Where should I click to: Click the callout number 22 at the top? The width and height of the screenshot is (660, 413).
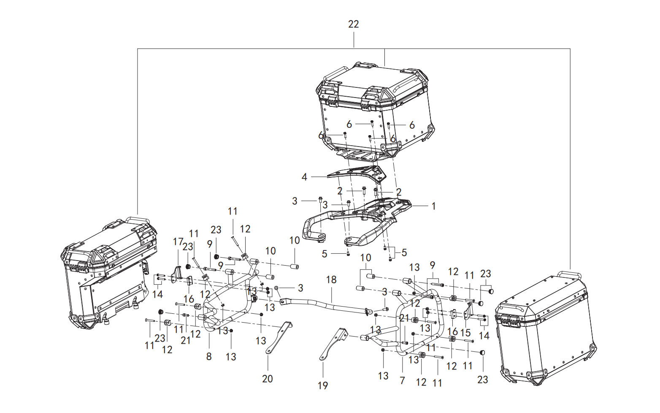[354, 24]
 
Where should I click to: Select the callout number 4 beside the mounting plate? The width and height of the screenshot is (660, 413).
[304, 177]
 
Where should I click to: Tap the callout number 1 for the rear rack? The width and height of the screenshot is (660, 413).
[433, 206]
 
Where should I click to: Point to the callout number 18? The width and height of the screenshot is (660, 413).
[331, 280]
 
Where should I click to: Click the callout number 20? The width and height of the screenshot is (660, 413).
[268, 379]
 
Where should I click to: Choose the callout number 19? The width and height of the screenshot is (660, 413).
[323, 385]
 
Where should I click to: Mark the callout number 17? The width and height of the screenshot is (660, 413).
[178, 242]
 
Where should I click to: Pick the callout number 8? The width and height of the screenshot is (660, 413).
[209, 357]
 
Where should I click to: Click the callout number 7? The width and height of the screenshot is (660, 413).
[403, 380]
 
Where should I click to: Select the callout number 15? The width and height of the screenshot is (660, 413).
[465, 333]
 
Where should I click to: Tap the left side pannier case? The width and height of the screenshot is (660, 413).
[109, 273]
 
